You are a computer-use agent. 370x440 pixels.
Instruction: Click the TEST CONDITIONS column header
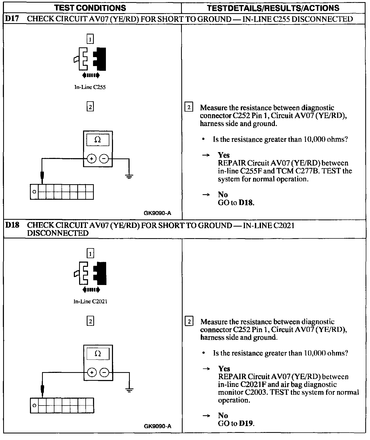tap(90, 8)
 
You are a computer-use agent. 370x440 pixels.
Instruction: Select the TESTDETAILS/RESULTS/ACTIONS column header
tap(273, 8)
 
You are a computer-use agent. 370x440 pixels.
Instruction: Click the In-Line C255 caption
tap(90, 87)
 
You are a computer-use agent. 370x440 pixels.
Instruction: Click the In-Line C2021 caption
tap(90, 302)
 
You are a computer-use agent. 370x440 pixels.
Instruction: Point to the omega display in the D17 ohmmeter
tap(97, 140)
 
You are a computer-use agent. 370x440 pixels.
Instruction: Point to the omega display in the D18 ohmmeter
tap(98, 354)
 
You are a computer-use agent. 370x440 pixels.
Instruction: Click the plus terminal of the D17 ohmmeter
tap(91, 159)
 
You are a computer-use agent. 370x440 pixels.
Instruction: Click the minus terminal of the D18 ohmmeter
tap(104, 373)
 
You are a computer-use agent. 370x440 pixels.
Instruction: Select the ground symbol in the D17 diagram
tap(129, 176)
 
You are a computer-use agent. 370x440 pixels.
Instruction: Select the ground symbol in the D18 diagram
tap(129, 390)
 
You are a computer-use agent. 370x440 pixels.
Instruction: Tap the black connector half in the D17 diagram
tap(101, 59)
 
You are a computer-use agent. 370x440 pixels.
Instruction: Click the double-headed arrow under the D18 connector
tap(91, 290)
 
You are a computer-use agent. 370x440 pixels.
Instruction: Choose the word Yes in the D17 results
tap(224, 155)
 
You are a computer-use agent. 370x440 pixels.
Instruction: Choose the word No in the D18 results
tap(223, 415)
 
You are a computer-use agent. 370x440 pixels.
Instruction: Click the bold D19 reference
tap(246, 423)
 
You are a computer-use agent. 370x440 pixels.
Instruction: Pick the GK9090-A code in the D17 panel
tap(157, 213)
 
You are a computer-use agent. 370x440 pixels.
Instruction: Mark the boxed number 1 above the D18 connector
tap(90, 254)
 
